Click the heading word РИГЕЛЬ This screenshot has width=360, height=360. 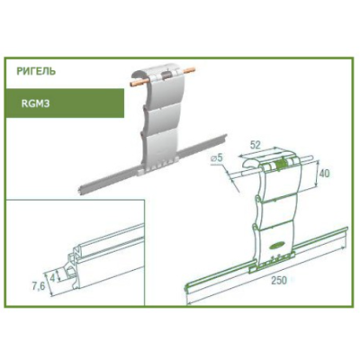(36, 72)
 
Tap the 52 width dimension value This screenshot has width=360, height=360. (255, 145)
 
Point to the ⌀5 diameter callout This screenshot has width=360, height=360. (216, 157)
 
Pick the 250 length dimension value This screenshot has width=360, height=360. (279, 281)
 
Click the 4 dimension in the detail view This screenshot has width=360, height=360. (53, 277)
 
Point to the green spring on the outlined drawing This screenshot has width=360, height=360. (280, 164)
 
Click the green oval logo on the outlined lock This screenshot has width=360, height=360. (275, 246)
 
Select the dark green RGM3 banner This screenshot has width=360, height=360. (65, 103)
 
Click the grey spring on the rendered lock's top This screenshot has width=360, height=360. (166, 76)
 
